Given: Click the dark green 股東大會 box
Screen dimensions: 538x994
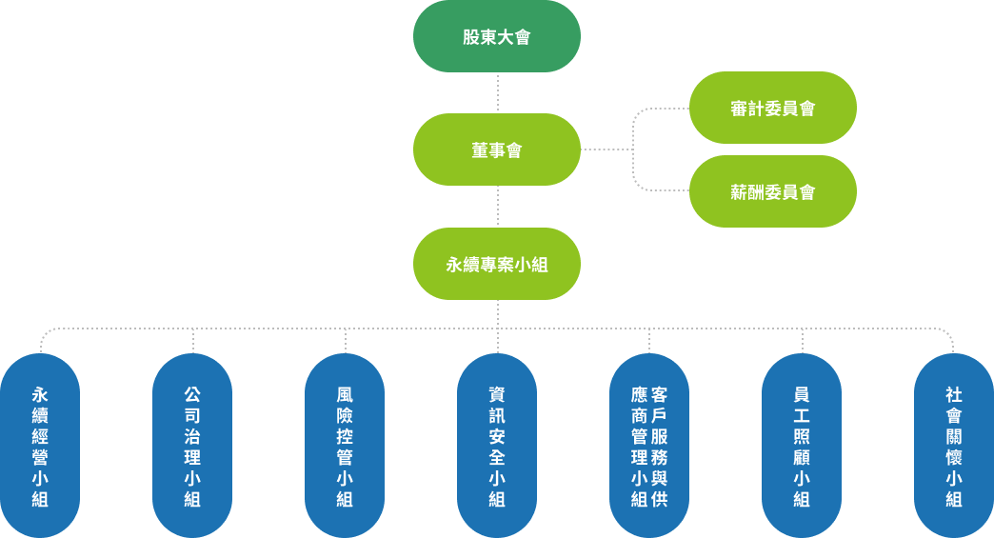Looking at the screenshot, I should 496,37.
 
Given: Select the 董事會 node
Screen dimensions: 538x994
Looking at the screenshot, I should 496,149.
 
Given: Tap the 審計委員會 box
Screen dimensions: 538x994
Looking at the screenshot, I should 772,108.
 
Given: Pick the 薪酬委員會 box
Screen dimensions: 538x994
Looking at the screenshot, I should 772,191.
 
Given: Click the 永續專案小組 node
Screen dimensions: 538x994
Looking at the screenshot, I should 496,264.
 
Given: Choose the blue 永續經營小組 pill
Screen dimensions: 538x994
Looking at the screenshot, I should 40,446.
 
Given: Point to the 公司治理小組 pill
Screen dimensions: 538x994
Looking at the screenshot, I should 192,446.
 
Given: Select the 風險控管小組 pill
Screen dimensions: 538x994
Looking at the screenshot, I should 345,446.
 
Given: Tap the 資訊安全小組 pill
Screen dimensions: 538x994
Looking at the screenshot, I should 497,446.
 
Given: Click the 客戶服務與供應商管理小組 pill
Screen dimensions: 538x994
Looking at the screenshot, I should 649,446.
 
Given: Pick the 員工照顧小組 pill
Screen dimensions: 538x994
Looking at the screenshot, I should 802,446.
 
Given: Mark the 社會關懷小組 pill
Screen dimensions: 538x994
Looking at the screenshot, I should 953,446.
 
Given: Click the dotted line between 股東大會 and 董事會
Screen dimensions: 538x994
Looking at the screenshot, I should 497,92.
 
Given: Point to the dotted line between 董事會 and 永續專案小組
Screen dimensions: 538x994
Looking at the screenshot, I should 497,207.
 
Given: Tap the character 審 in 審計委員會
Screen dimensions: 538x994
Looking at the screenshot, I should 739,109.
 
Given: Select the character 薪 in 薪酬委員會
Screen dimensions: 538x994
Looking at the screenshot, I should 739,192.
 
